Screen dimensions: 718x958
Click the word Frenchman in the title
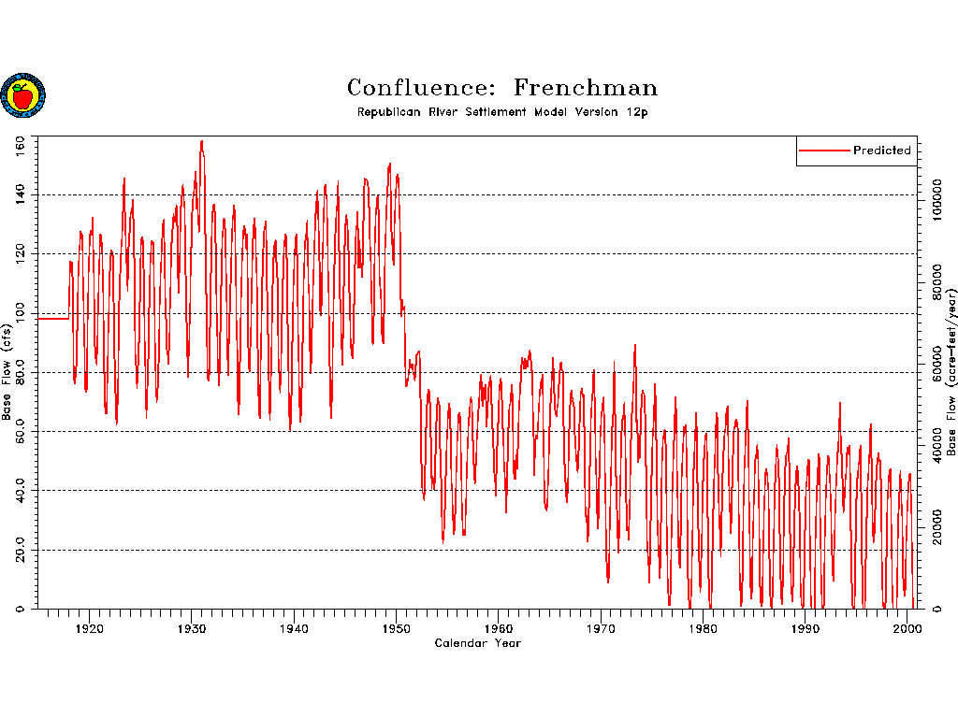[586, 88]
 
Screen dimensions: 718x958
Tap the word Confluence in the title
[419, 88]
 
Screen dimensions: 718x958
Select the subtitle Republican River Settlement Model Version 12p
[502, 112]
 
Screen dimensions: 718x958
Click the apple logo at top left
[22, 95]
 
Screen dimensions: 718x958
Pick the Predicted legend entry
[880, 151]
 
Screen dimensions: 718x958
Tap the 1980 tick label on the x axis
[704, 627]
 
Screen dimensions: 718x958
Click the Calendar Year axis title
[477, 643]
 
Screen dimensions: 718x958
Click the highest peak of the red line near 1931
[201, 141]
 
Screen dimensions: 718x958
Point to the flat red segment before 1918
[52, 319]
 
